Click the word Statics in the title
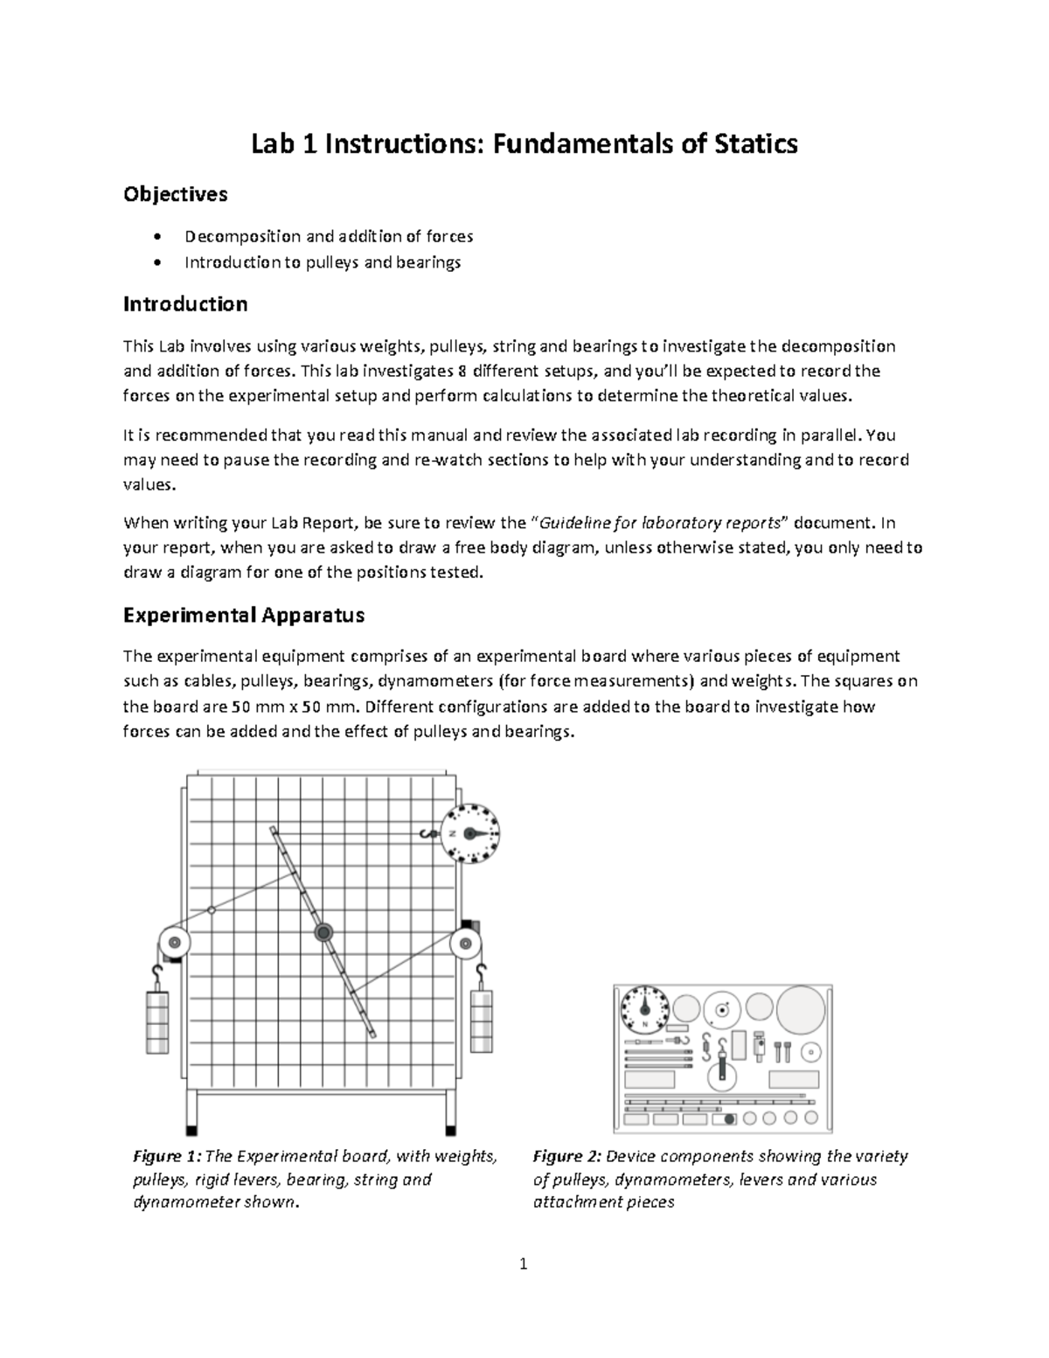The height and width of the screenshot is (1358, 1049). [750, 143]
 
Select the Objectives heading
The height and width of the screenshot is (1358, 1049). [175, 194]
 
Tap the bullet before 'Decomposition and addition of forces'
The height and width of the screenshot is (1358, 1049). [156, 237]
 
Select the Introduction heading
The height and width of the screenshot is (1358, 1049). [185, 304]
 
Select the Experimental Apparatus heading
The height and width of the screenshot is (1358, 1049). [243, 616]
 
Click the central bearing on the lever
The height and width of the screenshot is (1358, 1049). [323, 932]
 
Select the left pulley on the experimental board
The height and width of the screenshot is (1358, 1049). [174, 944]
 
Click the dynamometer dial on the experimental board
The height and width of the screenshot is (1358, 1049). [469, 833]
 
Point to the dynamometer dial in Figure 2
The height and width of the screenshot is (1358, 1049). [643, 1011]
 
